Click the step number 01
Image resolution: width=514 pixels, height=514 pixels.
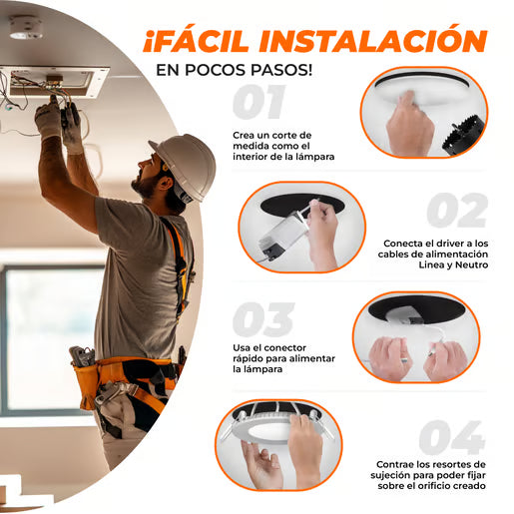pyautogui.click(x=258, y=103)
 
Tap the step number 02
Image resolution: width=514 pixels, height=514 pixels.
pyautogui.click(x=456, y=211)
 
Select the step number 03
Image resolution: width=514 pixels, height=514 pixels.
pyautogui.click(x=262, y=319)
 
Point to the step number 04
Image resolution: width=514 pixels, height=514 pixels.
pyautogui.click(x=451, y=437)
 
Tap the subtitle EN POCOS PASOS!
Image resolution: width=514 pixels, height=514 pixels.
pyautogui.click(x=234, y=70)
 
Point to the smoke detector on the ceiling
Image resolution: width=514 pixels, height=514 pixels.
pyautogui.click(x=26, y=27)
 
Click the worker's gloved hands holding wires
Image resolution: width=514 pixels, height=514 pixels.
pyautogui.click(x=58, y=122)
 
